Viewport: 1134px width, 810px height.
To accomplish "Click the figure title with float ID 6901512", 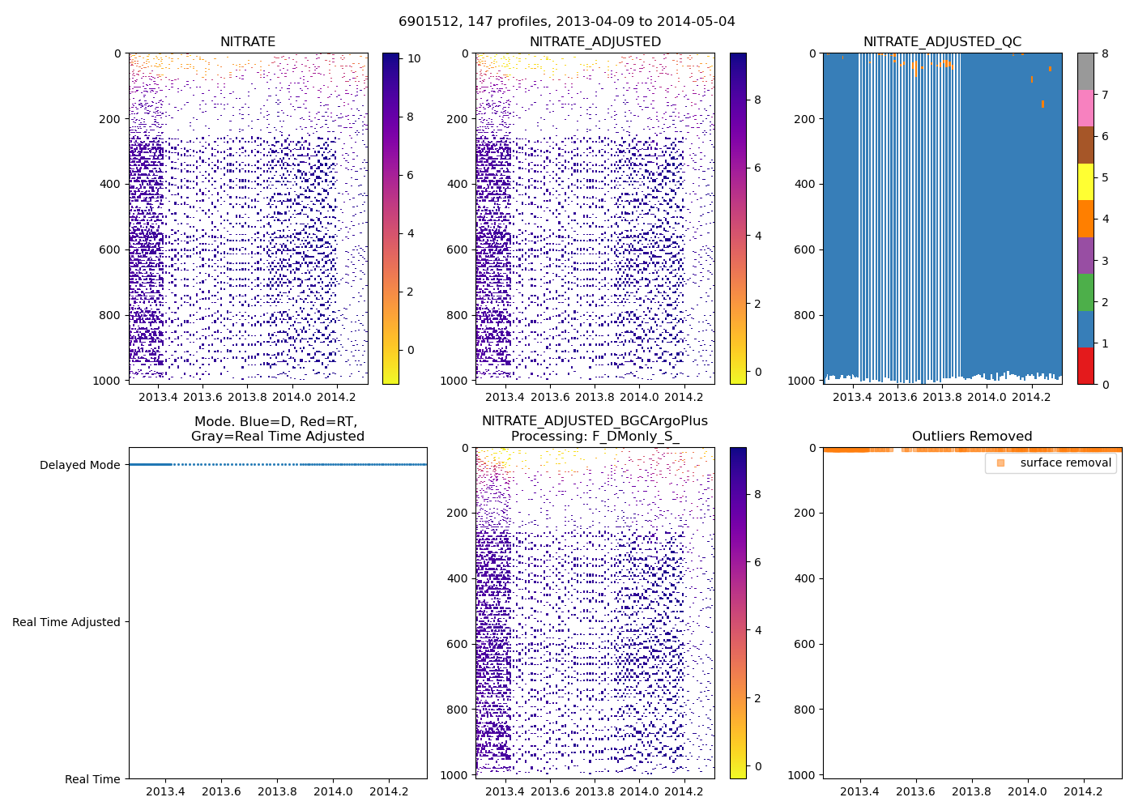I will [567, 22].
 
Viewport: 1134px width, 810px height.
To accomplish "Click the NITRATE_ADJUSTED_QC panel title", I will [942, 42].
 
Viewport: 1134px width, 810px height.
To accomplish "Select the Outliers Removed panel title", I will [972, 437].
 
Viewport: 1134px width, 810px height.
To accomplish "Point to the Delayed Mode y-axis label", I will [79, 465].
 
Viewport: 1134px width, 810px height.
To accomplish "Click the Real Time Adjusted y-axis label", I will [66, 622].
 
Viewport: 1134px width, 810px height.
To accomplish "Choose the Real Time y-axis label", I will [92, 779].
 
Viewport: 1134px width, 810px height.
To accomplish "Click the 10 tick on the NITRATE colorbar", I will [414, 58].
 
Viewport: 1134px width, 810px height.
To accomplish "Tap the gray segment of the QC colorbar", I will [1085, 71].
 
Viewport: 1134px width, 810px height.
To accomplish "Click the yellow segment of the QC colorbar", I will [1085, 181].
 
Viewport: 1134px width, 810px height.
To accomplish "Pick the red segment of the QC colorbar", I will [1085, 365].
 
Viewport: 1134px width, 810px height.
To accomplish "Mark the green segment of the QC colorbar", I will [1085, 292].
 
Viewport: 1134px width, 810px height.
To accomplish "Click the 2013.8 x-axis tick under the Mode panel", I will [277, 791].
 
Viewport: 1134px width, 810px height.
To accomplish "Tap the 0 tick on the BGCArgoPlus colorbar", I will [758, 766].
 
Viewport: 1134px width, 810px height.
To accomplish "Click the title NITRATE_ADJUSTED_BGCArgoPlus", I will [595, 421].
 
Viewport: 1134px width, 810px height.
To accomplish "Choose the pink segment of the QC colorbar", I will [1085, 108].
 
